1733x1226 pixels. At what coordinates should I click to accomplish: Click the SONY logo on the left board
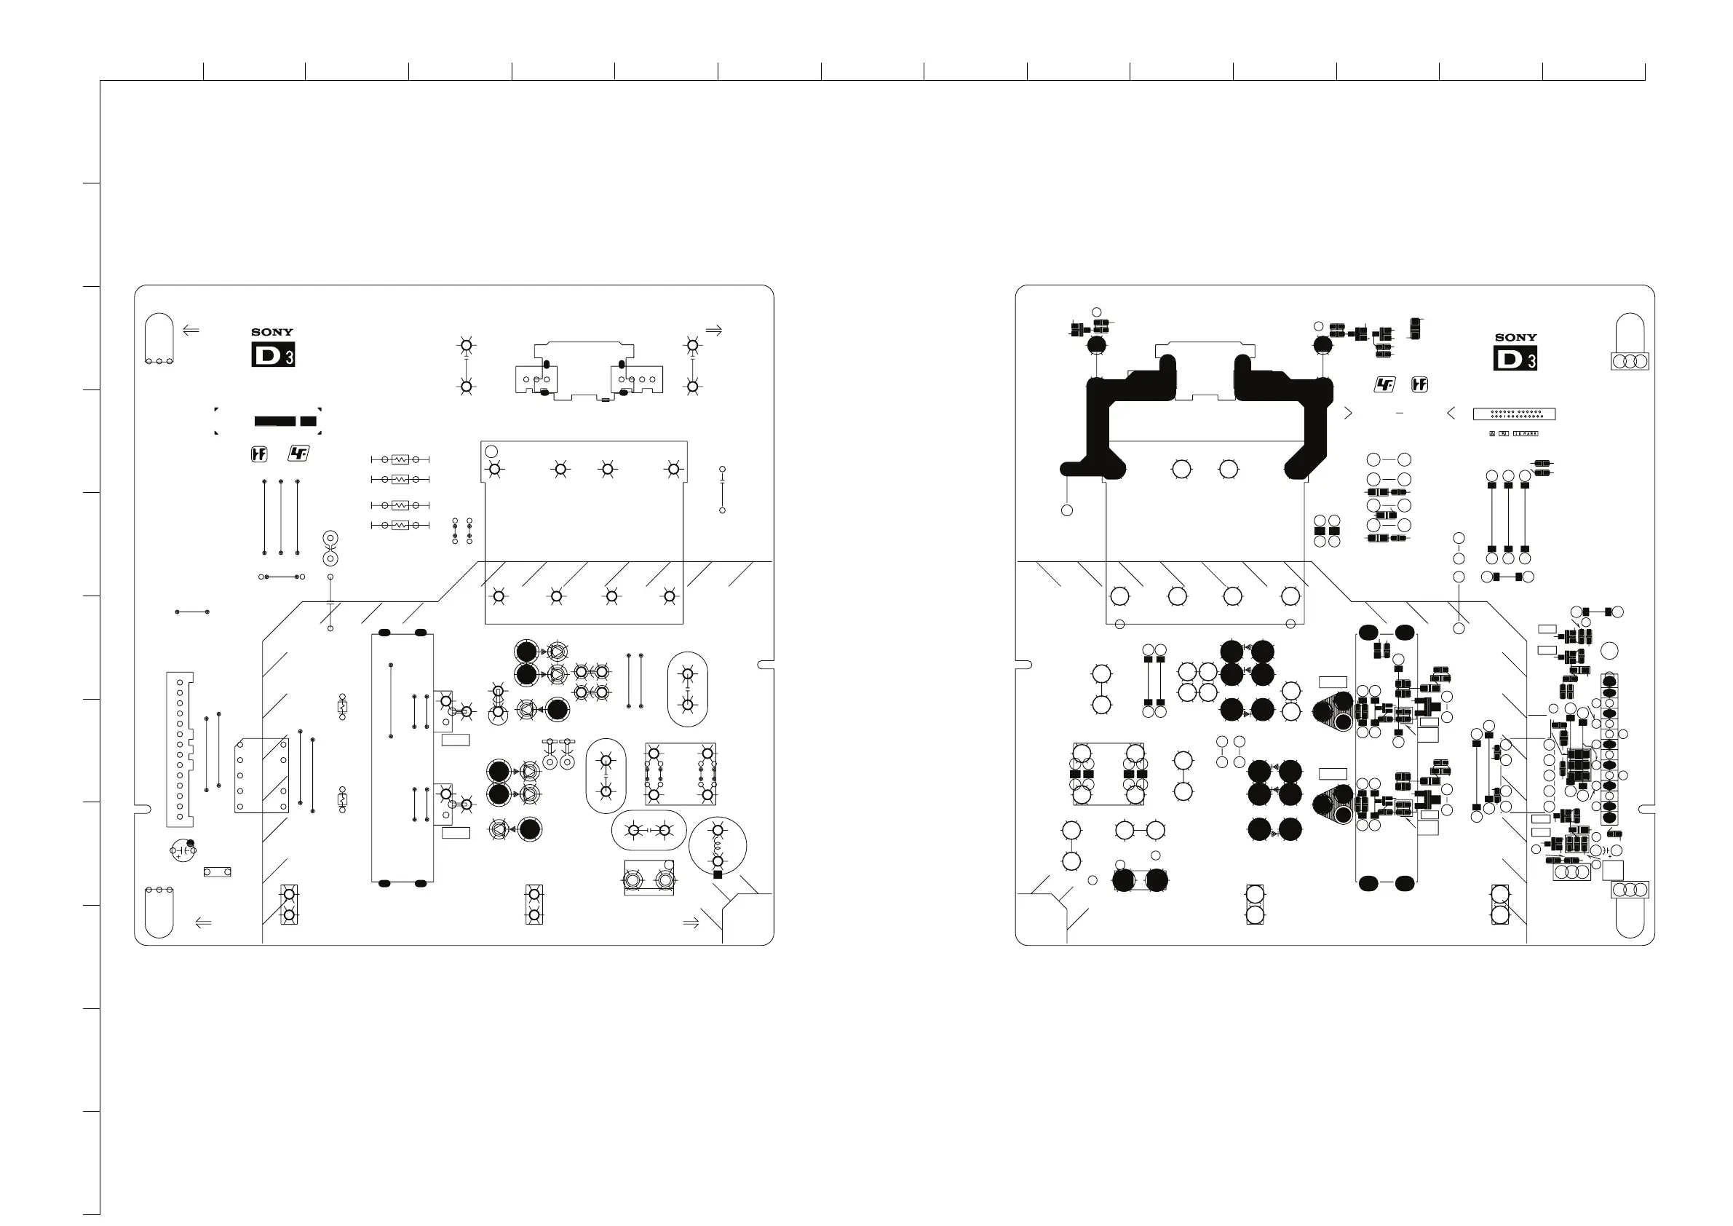pos(271,332)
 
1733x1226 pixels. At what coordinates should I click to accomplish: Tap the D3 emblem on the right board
pos(1515,359)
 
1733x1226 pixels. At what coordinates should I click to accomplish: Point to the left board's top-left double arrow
pos(191,330)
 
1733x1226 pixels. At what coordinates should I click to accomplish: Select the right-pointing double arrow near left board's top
pos(713,330)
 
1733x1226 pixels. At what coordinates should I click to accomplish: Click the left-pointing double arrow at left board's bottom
pos(203,922)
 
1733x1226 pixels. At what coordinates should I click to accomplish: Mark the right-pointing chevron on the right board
pos(1348,413)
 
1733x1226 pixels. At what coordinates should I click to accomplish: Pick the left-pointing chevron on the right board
pos(1451,413)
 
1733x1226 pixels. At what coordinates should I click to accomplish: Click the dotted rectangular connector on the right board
pos(1514,414)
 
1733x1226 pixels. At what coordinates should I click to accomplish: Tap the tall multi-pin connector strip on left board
pos(180,749)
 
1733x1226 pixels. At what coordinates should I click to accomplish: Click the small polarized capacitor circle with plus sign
pos(183,850)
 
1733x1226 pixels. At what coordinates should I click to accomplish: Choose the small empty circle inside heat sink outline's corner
pos(491,451)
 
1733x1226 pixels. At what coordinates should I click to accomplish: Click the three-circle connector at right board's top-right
pos(1630,362)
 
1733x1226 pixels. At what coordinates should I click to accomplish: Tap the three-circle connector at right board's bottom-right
pos(1630,890)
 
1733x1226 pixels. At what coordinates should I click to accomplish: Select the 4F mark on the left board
pos(299,454)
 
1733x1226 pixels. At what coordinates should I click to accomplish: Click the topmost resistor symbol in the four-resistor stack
pos(400,459)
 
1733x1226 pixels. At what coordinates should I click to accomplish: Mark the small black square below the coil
pos(718,875)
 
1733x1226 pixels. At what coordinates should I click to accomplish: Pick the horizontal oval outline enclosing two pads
pos(649,831)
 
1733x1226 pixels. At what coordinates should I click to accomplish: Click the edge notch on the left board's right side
pos(766,665)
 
